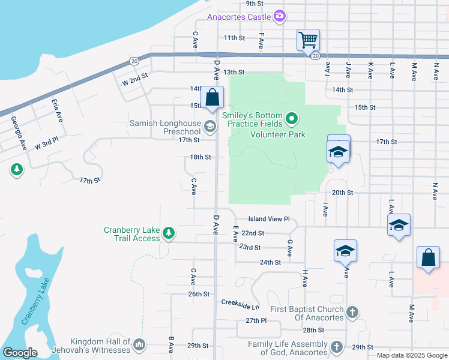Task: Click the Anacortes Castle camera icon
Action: (279, 17)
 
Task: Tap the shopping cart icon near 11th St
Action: (308, 40)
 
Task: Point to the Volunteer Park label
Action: (278, 134)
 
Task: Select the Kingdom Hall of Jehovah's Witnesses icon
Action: (139, 344)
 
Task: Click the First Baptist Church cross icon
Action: (352, 313)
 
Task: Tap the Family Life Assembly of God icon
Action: (337, 347)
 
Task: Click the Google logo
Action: (19, 353)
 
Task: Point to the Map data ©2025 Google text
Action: (412, 355)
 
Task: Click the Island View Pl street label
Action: (270, 220)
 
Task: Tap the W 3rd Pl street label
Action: (46, 146)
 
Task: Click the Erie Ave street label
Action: (57, 110)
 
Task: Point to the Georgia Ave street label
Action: (18, 133)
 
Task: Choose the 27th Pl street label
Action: (256, 321)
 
